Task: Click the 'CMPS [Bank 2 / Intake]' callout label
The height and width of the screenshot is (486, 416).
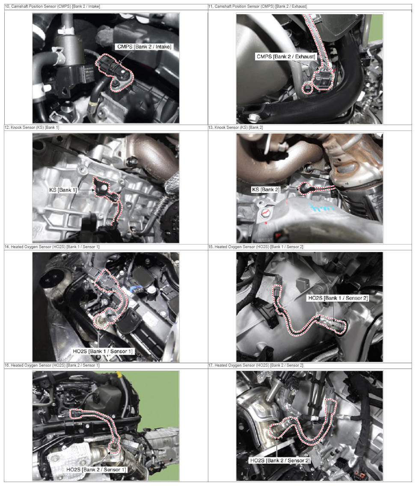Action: tap(144, 47)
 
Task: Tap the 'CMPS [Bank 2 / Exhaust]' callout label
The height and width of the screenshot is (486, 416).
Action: tap(286, 57)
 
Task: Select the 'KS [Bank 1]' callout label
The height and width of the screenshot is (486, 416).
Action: tap(63, 190)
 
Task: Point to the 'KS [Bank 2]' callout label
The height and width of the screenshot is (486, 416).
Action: tap(266, 190)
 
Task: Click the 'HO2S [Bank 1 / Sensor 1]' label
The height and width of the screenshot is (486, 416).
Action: tap(103, 351)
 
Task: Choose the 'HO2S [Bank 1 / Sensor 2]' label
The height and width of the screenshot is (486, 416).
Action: tap(338, 298)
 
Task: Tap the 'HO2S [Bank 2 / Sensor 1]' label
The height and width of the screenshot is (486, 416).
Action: tap(96, 470)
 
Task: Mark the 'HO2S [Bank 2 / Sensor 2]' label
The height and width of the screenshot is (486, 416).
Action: tap(280, 460)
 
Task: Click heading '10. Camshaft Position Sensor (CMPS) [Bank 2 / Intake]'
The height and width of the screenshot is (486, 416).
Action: tap(52, 6)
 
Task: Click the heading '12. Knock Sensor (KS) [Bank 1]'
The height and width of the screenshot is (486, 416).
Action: tap(32, 127)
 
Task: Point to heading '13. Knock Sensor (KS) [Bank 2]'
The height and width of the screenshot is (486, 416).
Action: tap(235, 127)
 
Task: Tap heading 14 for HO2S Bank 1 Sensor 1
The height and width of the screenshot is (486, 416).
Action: tap(52, 247)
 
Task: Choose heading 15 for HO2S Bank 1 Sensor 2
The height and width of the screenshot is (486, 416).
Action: tap(256, 247)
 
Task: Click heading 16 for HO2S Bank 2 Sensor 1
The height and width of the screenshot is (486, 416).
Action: tap(52, 365)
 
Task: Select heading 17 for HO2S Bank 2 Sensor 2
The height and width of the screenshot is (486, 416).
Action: tap(256, 365)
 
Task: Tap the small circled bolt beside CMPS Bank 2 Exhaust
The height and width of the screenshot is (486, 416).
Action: tap(307, 89)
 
